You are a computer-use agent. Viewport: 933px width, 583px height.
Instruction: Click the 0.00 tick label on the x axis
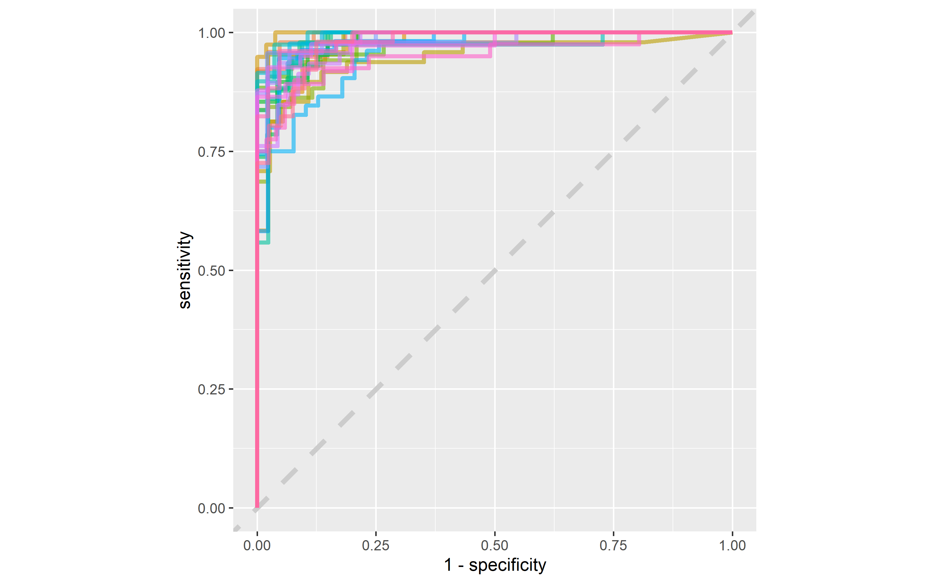point(257,546)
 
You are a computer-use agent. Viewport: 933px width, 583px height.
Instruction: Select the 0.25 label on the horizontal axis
point(376,546)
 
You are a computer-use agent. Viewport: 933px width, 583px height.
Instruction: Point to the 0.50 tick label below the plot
point(495,546)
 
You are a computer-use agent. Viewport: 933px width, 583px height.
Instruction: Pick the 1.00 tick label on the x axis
point(732,546)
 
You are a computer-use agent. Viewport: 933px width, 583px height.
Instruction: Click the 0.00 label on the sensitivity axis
point(211,508)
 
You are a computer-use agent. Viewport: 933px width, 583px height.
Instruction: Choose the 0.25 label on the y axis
point(211,389)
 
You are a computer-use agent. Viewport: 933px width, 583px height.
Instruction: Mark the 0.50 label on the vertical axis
point(211,271)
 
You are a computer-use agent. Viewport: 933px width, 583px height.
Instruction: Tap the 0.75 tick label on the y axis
point(211,152)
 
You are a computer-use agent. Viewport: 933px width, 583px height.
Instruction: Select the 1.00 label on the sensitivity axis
point(211,33)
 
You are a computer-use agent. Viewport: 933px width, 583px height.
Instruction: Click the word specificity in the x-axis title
point(507,565)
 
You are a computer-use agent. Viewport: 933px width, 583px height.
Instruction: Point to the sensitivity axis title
point(185,270)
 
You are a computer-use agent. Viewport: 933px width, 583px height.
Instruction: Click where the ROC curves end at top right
point(731,33)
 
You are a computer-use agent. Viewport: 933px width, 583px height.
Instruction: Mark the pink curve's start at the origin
point(257,507)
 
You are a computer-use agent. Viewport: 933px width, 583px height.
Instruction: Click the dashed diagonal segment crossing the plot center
point(490,276)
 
